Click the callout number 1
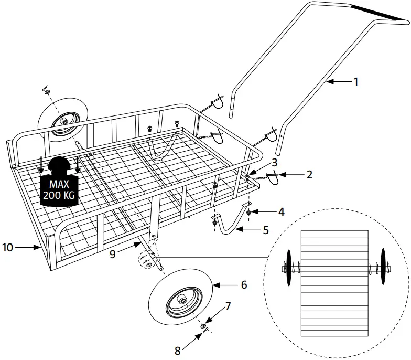tap(355, 81)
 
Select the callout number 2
tap(309, 174)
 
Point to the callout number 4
tap(282, 212)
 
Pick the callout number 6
tap(243, 285)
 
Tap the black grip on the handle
tap(378, 13)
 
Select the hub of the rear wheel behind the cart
tap(63, 122)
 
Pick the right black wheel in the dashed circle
tap(384, 268)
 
